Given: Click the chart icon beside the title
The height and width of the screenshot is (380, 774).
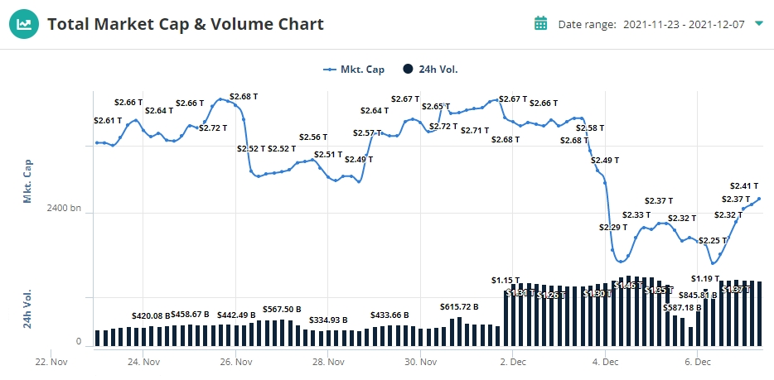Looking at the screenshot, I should tap(24, 24).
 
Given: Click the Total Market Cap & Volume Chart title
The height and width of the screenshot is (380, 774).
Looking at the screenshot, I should tap(186, 24).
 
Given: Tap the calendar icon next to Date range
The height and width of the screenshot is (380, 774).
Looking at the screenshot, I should tap(541, 23).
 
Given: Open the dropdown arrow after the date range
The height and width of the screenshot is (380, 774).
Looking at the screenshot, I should tap(759, 23).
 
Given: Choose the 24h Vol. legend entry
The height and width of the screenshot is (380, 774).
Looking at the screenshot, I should tap(431, 70).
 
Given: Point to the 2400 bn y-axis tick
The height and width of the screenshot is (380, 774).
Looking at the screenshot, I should tap(64, 208).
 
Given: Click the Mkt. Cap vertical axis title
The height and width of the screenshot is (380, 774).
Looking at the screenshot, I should tap(27, 180).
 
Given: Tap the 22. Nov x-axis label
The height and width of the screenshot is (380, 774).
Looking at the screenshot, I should tap(51, 362).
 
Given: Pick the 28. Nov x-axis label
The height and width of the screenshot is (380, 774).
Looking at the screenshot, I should tap(329, 362).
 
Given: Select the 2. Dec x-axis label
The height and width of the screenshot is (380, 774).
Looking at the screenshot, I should tap(514, 362).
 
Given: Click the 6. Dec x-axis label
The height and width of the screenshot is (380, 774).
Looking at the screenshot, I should tap(699, 362).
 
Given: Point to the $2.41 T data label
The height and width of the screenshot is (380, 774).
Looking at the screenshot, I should tap(744, 185).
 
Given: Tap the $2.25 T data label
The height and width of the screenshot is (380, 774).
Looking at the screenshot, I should tap(712, 241).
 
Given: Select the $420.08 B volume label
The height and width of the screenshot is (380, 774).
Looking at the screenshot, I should tap(151, 315).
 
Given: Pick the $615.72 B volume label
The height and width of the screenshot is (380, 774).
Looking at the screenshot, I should tap(459, 307).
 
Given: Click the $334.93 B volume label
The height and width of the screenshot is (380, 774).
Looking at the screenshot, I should tap(328, 320).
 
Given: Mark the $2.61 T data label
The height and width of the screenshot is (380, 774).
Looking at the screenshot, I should tap(108, 120).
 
